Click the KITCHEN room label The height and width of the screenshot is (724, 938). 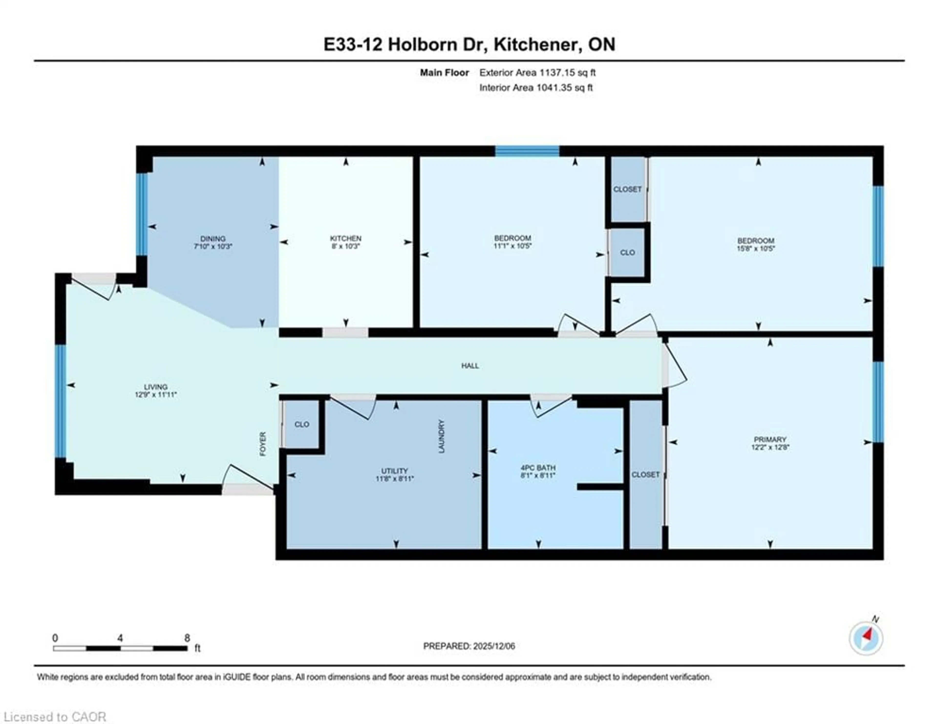point(345,238)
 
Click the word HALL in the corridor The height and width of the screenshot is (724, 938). point(470,365)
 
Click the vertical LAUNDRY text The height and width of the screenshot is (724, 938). point(441,436)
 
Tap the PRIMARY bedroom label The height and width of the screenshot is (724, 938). point(770,439)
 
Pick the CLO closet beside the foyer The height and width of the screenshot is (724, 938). point(301,424)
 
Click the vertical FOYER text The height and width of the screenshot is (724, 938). point(263,444)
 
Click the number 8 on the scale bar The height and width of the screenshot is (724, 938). point(187,638)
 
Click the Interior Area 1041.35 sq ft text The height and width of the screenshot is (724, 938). point(536,88)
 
